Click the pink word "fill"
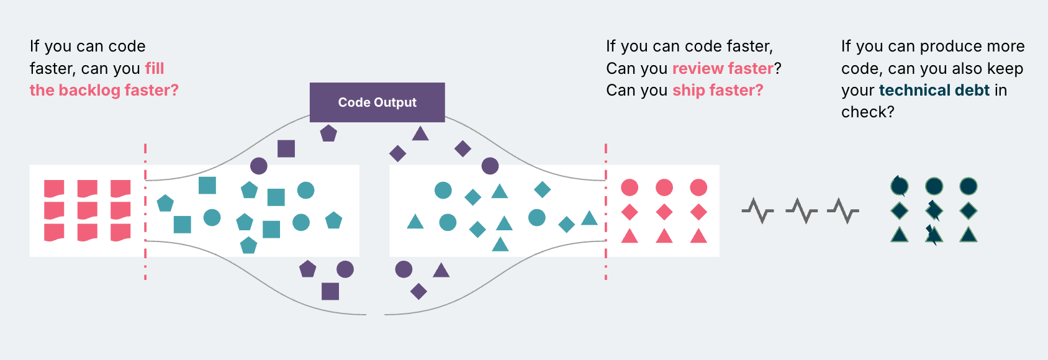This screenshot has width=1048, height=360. coord(155,68)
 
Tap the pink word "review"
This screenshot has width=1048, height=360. coord(698,68)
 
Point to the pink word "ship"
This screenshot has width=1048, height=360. coord(689,90)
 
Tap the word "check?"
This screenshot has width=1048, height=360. coord(867,112)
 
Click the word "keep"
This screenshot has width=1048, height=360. coord(1005,68)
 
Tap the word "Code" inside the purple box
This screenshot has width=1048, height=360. coord(353,102)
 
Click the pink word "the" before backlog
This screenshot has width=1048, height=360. coord(42,90)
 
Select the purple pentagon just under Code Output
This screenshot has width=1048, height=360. coord(328,133)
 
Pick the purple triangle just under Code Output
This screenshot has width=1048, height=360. coord(420,133)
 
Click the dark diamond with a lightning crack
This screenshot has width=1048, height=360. coord(934,211)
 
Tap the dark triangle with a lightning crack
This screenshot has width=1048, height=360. coord(933,235)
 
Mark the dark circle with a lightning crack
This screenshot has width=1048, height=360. coord(899,186)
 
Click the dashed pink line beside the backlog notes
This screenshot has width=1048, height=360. coord(145,211)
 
